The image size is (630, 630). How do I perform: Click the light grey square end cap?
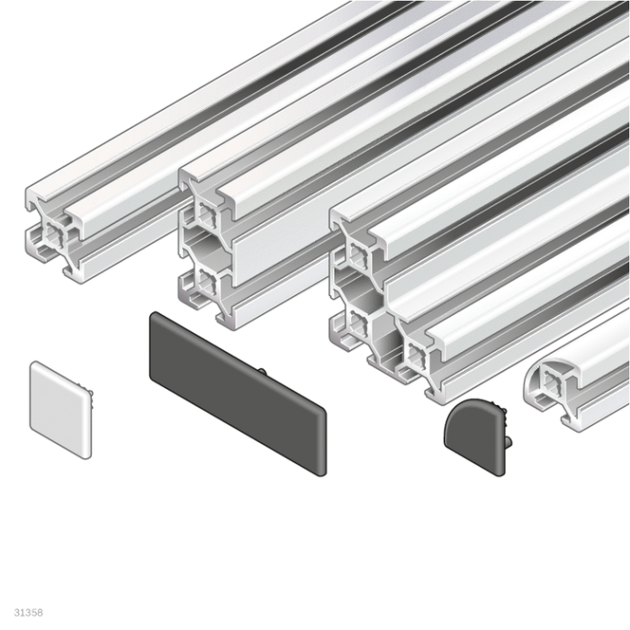pos(60,410)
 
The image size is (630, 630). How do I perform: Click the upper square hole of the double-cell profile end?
pos(206,214)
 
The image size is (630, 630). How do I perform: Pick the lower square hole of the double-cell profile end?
pos(206,287)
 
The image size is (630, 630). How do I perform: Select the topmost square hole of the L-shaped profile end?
pos(357,255)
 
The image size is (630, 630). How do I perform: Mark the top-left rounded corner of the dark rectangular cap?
pos(155,317)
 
